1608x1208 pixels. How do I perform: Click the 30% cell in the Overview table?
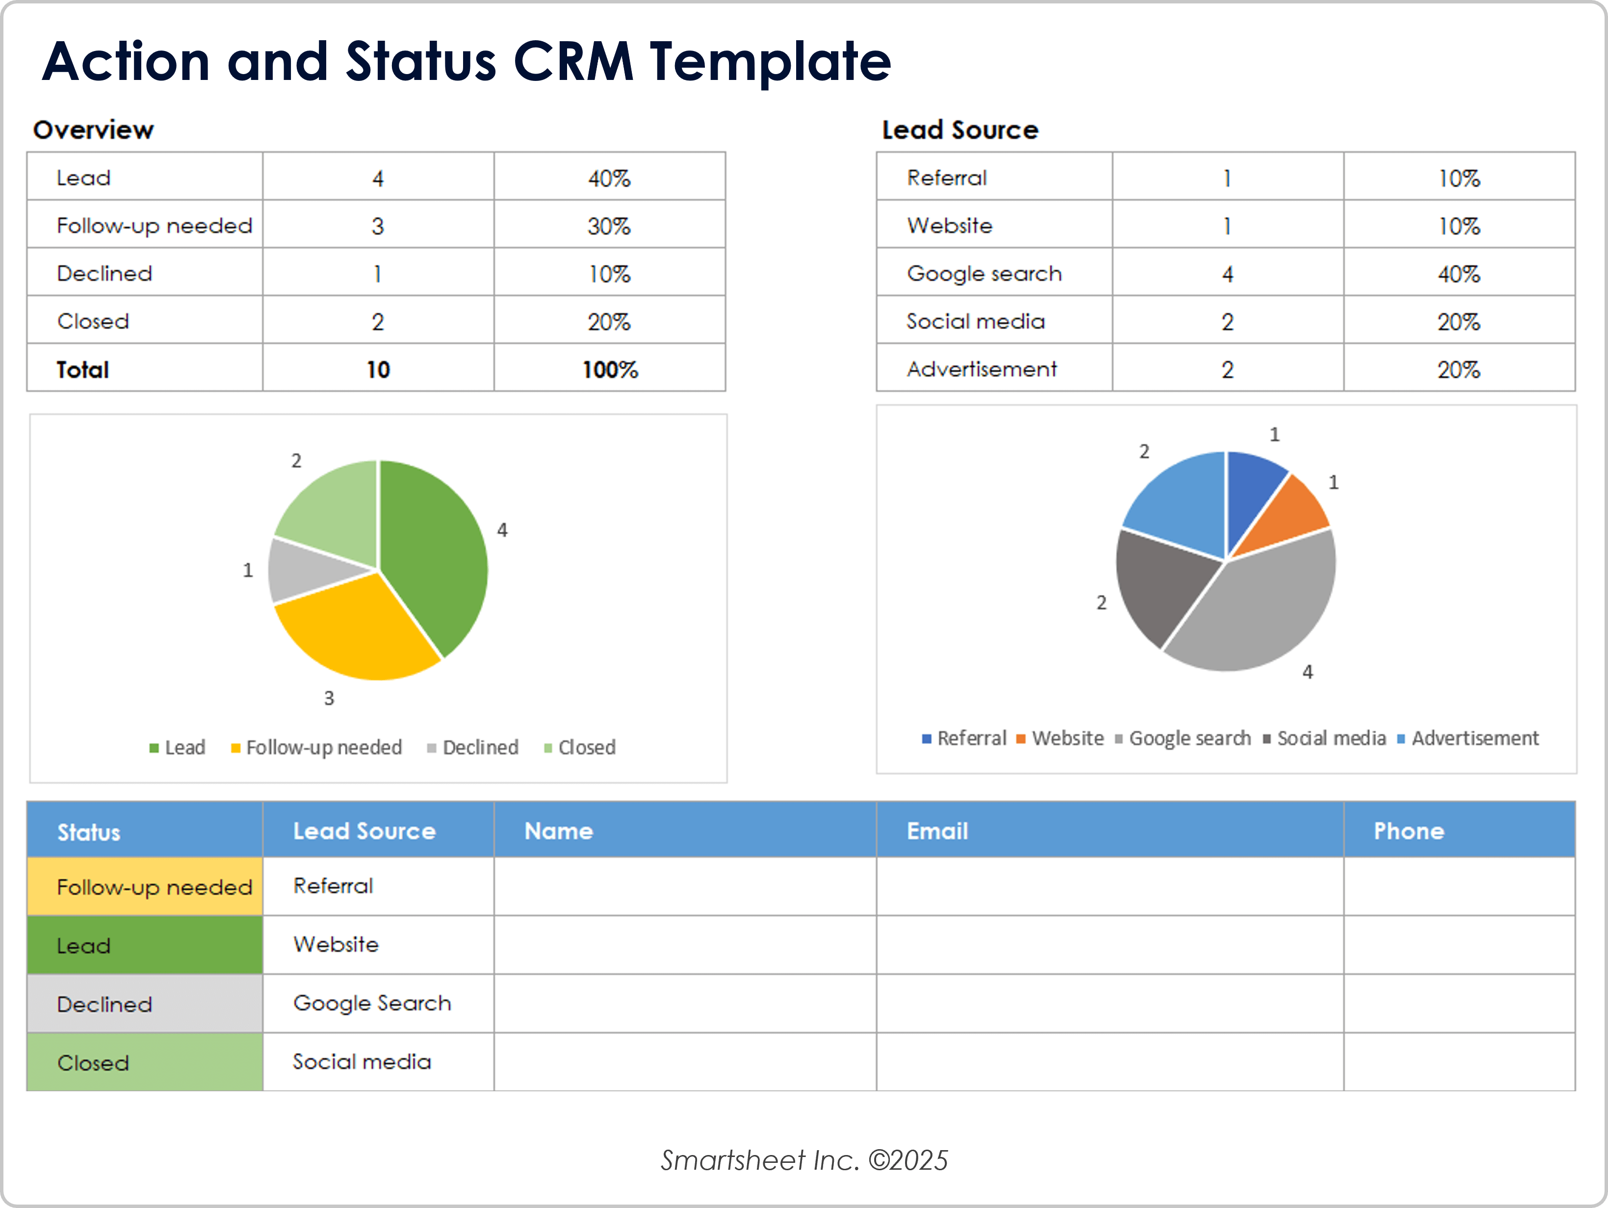[x=609, y=226]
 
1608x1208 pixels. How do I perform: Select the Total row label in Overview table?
[x=83, y=369]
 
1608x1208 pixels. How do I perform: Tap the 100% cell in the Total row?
[x=609, y=369]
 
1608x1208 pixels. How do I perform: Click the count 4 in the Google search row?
[x=1227, y=274]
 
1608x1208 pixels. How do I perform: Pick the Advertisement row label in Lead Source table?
[x=982, y=369]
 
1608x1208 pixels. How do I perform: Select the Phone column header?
[x=1408, y=831]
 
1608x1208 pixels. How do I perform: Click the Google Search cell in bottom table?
[x=372, y=1003]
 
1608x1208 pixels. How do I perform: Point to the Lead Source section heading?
[x=960, y=130]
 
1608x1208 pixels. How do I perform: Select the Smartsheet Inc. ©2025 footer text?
[x=804, y=1160]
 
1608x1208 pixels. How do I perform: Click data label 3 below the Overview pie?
[x=329, y=698]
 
